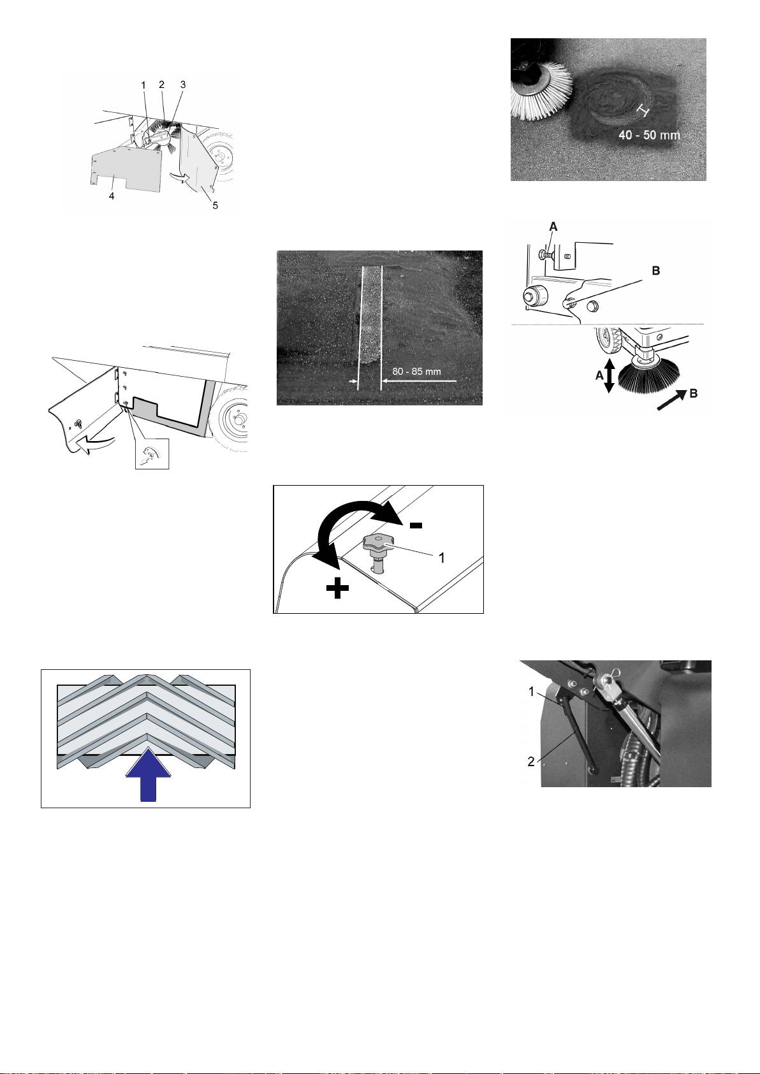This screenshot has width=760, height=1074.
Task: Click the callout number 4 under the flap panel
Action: pyautogui.click(x=112, y=196)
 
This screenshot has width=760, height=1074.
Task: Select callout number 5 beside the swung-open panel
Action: pyautogui.click(x=216, y=205)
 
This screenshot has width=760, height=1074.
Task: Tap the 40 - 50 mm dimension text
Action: pyautogui.click(x=649, y=134)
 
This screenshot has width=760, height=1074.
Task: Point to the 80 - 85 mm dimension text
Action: pyautogui.click(x=417, y=372)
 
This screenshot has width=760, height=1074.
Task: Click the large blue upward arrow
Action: pyautogui.click(x=148, y=774)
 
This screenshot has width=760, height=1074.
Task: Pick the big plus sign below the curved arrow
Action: pyautogui.click(x=337, y=588)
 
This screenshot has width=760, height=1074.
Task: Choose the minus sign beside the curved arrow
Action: pyautogui.click(x=416, y=526)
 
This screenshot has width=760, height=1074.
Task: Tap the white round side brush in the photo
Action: pyautogui.click(x=543, y=92)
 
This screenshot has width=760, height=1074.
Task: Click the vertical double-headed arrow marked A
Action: pyautogui.click(x=609, y=377)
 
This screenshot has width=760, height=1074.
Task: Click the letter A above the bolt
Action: pyautogui.click(x=553, y=226)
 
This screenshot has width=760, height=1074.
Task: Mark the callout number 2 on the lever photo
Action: pyautogui.click(x=531, y=762)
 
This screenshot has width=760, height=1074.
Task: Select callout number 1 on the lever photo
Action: pyautogui.click(x=531, y=692)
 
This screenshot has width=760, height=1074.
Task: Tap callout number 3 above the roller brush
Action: pyautogui.click(x=183, y=84)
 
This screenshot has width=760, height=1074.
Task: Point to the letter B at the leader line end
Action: pyautogui.click(x=656, y=271)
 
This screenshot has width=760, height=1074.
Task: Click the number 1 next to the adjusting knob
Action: pyautogui.click(x=442, y=558)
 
